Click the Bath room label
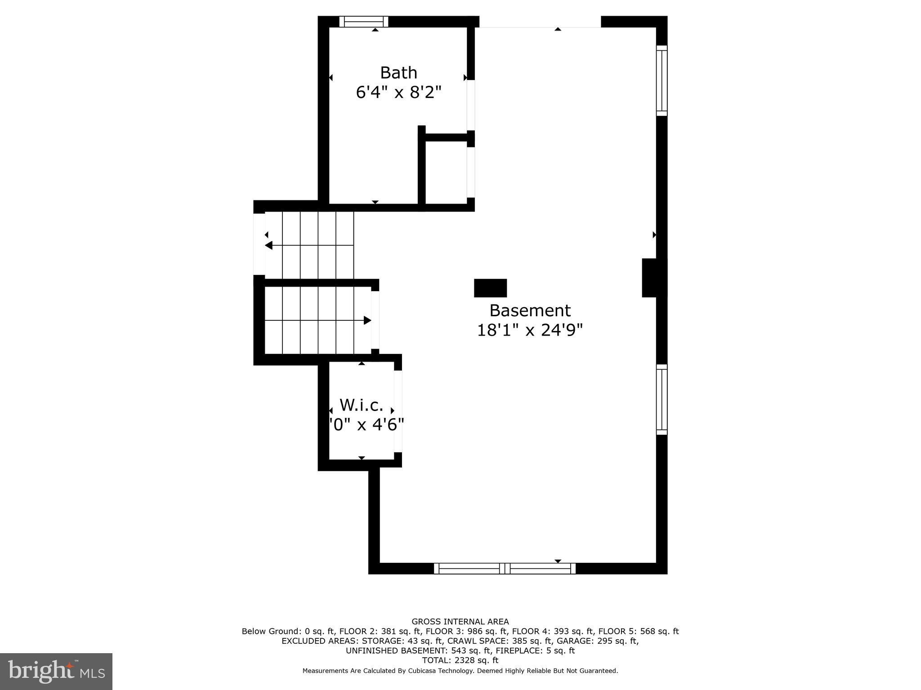pos(398,73)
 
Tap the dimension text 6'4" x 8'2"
pos(398,93)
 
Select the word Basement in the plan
pos(530,310)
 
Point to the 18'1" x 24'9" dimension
pos(530,330)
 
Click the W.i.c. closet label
pos(362,405)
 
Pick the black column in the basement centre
pos(490,288)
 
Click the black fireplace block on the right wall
pos(653,278)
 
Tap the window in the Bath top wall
pos(363,22)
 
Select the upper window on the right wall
pos(662,80)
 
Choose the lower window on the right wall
pos(662,399)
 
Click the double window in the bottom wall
pos(505,568)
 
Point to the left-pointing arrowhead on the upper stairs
pos(269,245)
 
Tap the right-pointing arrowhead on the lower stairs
pos(367,320)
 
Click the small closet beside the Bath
pos(446,172)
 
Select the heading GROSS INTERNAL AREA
pos(460,622)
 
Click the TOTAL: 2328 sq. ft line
pos(460,660)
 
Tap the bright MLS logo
pos(56,672)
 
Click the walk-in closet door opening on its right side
pos(398,411)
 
